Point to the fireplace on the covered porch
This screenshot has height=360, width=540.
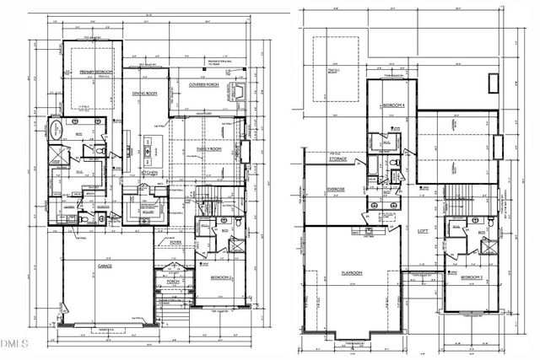pyautogui.click(x=241, y=91)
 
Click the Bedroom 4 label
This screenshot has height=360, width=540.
pyautogui.click(x=393, y=105)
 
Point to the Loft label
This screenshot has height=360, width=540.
pyautogui.click(x=424, y=230)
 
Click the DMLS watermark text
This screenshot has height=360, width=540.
pyautogui.click(x=14, y=343)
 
